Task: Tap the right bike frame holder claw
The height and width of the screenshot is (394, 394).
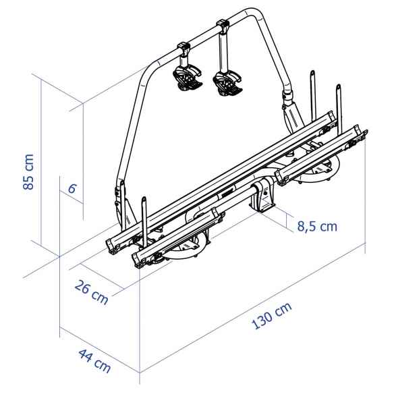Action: point(225,82)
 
